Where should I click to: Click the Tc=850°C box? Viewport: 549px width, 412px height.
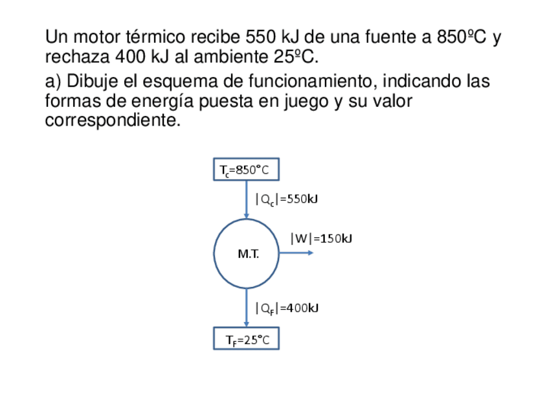point(246,169)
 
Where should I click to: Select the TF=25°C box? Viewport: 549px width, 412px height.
point(246,339)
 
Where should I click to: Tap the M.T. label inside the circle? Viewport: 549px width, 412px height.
point(248,255)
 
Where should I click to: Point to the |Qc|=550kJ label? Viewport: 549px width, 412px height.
point(286,200)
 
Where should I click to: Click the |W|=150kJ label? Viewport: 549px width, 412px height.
point(321,238)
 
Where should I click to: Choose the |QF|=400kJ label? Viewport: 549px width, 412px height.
point(286,308)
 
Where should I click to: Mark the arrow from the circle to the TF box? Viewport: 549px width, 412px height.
point(247,308)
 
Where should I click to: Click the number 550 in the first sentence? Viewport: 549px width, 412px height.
point(261,37)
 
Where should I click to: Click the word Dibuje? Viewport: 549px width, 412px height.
point(93,82)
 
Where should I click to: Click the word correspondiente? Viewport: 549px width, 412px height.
point(112,120)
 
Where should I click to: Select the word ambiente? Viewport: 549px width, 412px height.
point(227,57)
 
